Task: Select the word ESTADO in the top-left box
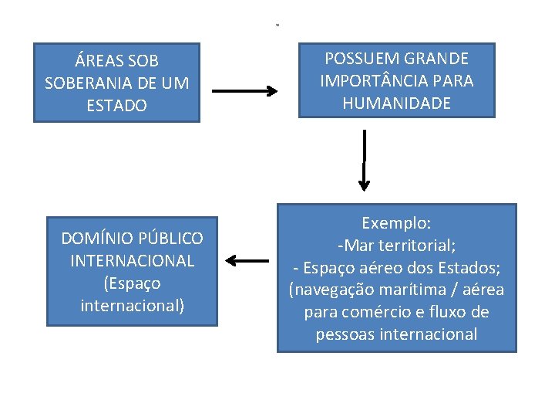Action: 117,105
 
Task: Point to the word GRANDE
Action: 441,58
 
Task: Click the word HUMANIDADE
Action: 398,103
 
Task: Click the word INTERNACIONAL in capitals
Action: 133,260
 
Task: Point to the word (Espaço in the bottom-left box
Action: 132,283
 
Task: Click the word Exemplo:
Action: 396,223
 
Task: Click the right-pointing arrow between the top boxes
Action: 244,91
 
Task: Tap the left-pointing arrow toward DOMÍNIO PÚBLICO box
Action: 247,261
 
